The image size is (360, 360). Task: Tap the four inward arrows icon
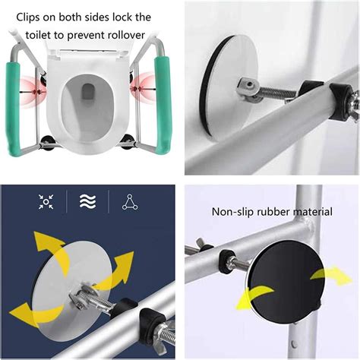pos(46,201)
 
